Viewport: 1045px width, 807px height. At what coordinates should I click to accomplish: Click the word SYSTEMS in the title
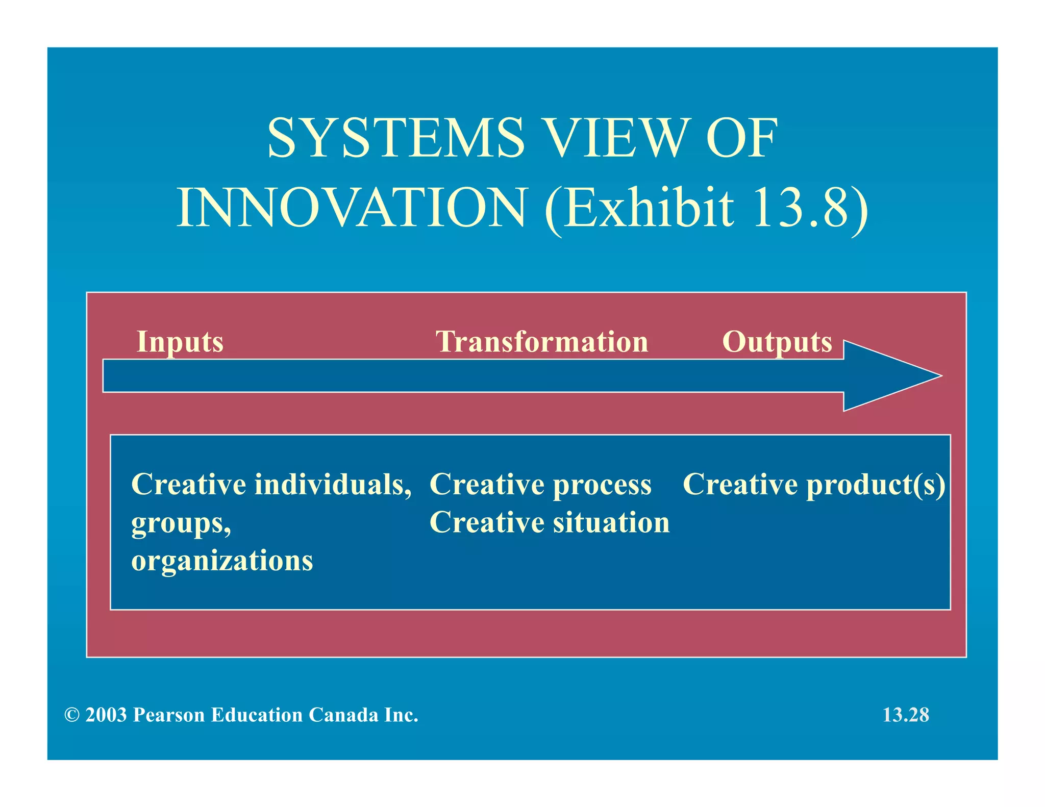pos(396,138)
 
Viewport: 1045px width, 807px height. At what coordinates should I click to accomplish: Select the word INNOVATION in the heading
pos(351,208)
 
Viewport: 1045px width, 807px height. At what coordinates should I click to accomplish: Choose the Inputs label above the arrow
pos(180,342)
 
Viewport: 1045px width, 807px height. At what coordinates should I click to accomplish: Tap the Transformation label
pos(541,342)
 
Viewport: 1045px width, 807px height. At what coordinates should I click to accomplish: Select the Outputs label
pos(777,342)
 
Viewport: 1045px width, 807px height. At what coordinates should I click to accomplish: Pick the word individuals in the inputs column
pos(333,484)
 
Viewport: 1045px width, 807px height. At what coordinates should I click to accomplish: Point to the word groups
pos(181,523)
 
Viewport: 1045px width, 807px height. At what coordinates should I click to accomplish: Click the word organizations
pos(222,561)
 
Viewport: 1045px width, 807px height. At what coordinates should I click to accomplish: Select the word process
pos(602,485)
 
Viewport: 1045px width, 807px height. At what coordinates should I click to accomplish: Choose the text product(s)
pos(876,485)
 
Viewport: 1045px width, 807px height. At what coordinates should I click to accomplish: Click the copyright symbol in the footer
pos(71,715)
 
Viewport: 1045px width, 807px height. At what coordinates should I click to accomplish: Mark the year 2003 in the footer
pos(106,715)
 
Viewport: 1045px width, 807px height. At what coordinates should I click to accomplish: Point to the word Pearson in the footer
pos(169,715)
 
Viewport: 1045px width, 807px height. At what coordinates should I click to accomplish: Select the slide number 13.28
pos(906,715)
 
